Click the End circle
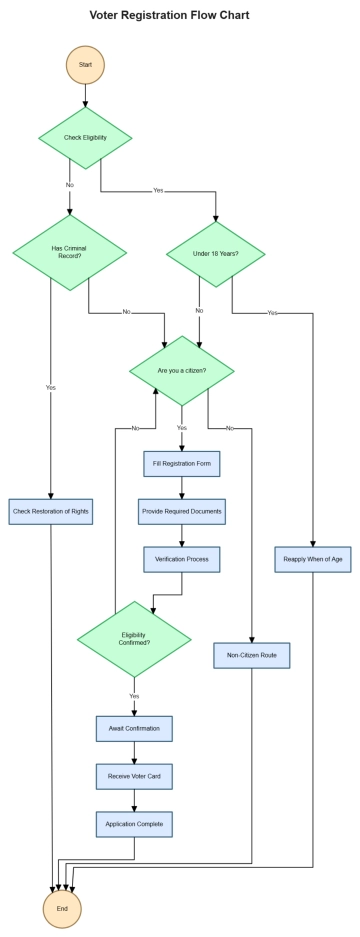62,908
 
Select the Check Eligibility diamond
85,138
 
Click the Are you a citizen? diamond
182,370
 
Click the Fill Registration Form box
181,465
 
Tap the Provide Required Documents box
181,511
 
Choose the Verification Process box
181,558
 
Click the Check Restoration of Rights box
50,511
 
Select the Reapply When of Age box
313,558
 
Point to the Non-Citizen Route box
251,656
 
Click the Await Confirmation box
134,728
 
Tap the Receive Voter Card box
134,775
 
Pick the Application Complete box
134,823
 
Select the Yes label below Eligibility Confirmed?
134,695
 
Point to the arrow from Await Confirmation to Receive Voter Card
134,752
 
